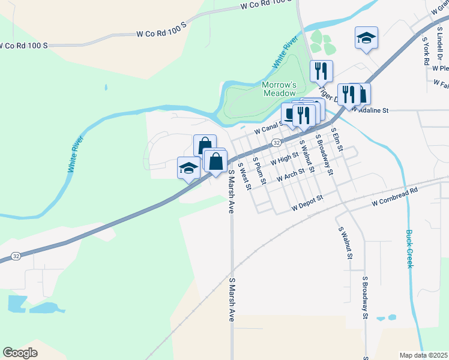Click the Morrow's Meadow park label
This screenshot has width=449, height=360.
click(279, 89)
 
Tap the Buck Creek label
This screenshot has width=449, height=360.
click(410, 249)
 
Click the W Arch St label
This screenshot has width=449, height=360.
click(291, 175)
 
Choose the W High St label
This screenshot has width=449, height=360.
click(284, 158)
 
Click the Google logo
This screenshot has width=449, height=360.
click(20, 352)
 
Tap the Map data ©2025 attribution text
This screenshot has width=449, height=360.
click(424, 355)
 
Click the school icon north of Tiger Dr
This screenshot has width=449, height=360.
click(366, 38)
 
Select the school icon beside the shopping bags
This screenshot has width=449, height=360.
click(188, 167)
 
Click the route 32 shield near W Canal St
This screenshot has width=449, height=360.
click(276, 143)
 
